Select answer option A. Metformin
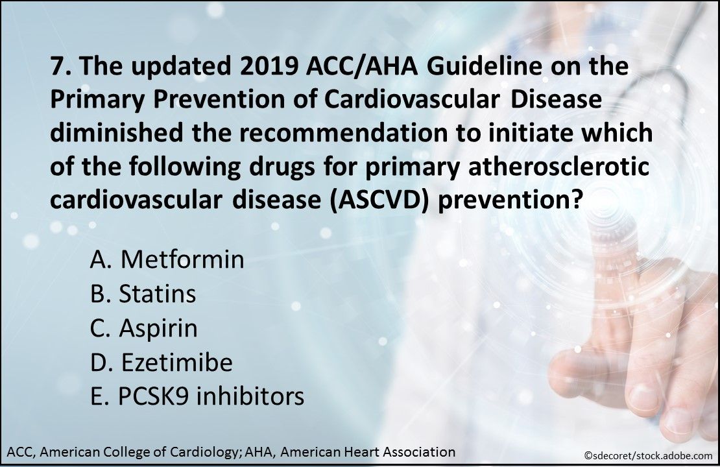(167, 259)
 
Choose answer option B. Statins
(143, 294)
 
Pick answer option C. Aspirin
(143, 328)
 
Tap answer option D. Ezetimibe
(162, 363)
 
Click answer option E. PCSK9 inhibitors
(197, 396)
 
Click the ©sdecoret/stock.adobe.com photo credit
(645, 455)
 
